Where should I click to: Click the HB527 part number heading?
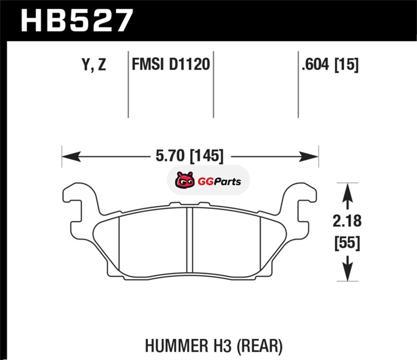(x=77, y=20)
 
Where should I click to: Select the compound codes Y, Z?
(x=94, y=65)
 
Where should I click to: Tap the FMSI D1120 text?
(x=171, y=65)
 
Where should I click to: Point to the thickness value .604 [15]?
(x=330, y=65)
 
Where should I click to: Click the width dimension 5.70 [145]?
(x=190, y=156)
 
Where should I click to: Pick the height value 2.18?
(x=347, y=221)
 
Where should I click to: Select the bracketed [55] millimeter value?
(x=347, y=242)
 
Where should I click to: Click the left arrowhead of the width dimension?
(x=71, y=157)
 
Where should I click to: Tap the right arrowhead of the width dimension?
(x=309, y=157)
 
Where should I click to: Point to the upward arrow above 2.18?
(x=347, y=197)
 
